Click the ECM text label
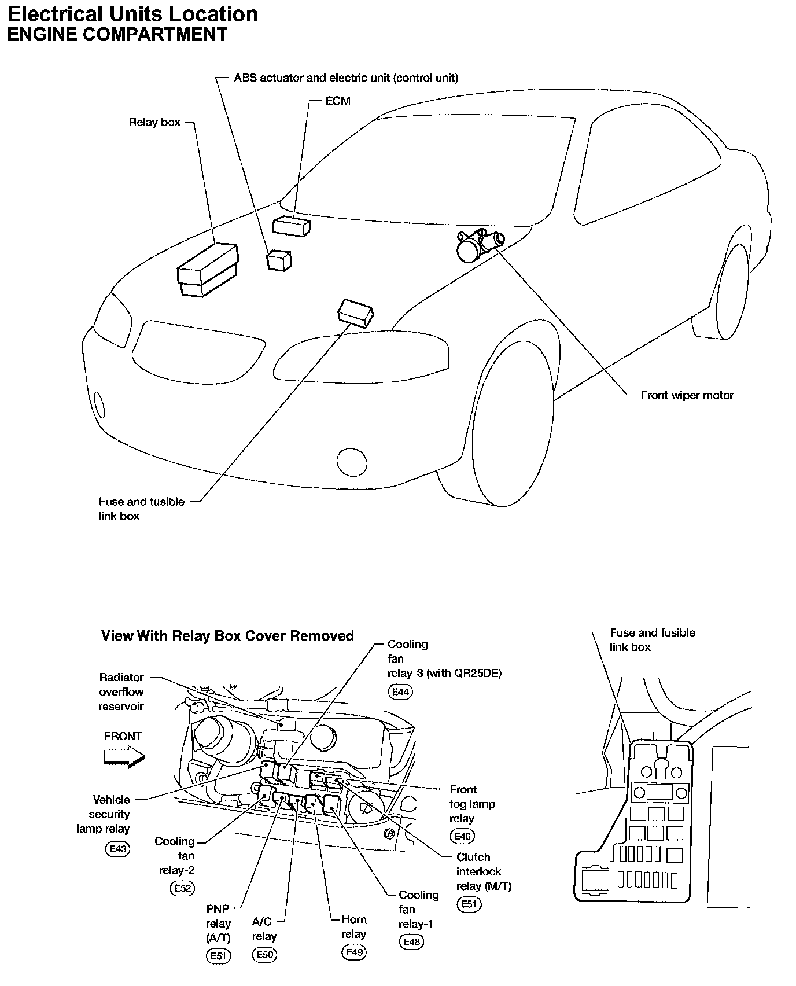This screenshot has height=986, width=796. [338, 101]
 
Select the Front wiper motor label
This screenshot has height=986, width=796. [687, 396]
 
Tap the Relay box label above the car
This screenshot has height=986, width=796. [154, 122]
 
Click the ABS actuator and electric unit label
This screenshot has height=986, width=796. [345, 78]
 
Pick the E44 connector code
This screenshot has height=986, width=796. [401, 691]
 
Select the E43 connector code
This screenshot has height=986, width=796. [118, 849]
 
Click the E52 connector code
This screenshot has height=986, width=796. [182, 888]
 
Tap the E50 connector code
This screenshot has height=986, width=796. [264, 955]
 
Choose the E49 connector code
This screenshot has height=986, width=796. [354, 952]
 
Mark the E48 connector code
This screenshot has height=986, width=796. [411, 942]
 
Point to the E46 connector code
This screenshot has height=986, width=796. [462, 836]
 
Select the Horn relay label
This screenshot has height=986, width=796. [353, 926]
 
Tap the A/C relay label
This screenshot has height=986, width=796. [264, 929]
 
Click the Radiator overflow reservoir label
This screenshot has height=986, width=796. [121, 691]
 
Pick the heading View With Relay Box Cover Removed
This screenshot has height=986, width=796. [227, 635]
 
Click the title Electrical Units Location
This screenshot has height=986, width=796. [132, 14]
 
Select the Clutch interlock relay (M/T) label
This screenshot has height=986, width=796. [484, 871]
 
